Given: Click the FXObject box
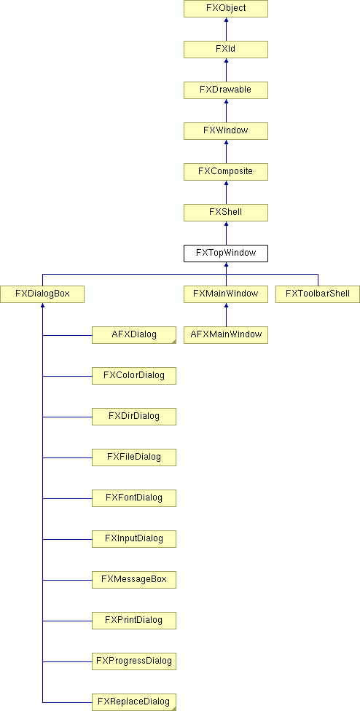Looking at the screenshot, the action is click(x=226, y=9).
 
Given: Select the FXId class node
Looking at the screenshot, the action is click(x=226, y=50).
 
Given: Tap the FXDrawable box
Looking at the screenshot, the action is click(x=226, y=90).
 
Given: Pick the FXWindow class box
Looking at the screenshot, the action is click(x=226, y=131).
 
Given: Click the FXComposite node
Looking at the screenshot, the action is click(x=226, y=172).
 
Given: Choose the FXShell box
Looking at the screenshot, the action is click(x=226, y=213).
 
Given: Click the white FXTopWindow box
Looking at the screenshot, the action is click(x=226, y=254).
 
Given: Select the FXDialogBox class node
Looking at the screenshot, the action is click(x=42, y=294).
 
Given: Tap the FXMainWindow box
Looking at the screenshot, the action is click(x=226, y=294).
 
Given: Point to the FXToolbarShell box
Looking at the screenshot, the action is click(x=318, y=294).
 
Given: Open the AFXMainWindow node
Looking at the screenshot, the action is click(x=226, y=335).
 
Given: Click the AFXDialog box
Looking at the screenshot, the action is click(x=134, y=335).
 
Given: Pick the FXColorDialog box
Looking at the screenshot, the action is click(x=134, y=376).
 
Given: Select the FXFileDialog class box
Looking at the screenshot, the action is click(x=134, y=457).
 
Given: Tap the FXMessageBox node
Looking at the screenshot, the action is click(x=134, y=580).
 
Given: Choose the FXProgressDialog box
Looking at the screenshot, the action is click(x=134, y=661).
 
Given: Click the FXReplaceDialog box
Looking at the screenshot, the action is click(x=134, y=702).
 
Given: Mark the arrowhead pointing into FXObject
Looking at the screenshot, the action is click(x=226, y=20).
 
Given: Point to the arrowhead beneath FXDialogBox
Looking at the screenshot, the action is click(x=42, y=305).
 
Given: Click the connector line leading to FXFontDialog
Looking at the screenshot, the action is click(x=67, y=498).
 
